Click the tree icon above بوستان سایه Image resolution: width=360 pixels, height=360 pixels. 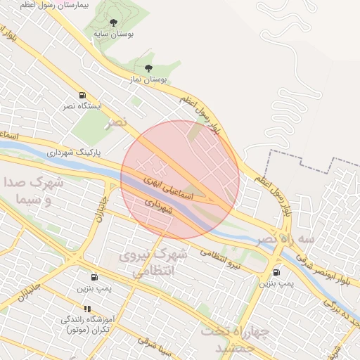click(113, 22)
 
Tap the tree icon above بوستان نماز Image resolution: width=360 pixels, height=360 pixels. click(148, 68)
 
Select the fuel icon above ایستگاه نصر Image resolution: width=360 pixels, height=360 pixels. click(83, 96)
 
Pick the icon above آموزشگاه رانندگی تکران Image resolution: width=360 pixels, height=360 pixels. click(87, 309)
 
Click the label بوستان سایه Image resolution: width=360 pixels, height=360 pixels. click(113, 33)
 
